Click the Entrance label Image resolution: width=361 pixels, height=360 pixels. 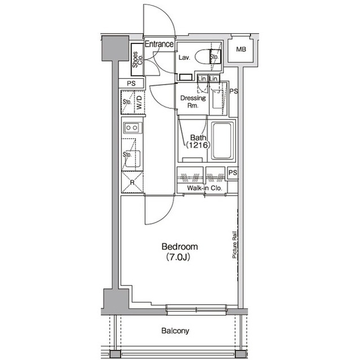[159, 44]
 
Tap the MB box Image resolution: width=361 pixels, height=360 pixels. [241, 50]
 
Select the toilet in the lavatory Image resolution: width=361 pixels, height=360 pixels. [202, 57]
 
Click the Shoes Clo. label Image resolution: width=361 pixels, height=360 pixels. [136, 60]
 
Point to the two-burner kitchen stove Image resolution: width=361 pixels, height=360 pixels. [132, 128]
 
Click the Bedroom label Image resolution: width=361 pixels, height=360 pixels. [179, 247]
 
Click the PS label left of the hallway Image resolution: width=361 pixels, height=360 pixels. [131, 83]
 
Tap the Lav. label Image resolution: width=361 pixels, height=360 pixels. [184, 58]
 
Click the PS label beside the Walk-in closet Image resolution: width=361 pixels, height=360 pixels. [232, 173]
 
